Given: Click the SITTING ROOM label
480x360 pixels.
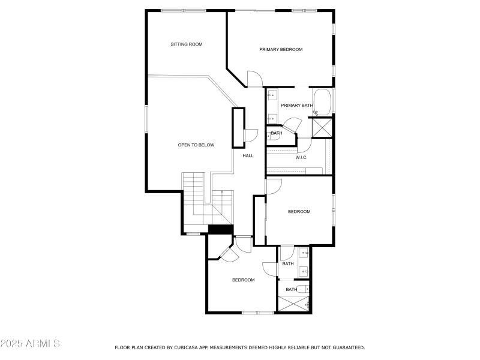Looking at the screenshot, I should coord(187,44).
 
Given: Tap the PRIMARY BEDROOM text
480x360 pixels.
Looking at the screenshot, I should coord(281,49).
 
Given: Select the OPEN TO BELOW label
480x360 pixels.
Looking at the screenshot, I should coord(196,145).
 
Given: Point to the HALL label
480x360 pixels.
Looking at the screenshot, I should coord(248,156).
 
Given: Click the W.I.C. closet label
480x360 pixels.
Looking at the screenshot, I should coord(301,157).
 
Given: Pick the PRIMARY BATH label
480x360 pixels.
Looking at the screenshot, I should coord(297,106).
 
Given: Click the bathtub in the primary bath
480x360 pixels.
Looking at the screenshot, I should coord(322,102).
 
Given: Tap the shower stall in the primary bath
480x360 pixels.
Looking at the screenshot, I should coord(321,127).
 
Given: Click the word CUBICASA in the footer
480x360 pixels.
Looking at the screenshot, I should coord(190,347).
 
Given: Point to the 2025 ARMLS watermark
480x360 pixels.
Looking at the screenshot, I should coord(30,344).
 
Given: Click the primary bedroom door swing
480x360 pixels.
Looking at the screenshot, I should coord(254,79).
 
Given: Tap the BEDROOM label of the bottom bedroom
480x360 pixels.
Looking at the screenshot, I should coord(244,280).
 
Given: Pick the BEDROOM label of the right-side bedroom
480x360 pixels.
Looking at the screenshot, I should coord(299,211).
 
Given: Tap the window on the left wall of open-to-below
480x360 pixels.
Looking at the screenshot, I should coord(146,118).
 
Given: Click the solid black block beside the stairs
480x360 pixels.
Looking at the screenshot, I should coord(220,229).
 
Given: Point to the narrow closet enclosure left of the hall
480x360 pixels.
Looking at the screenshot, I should coord(239,127).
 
